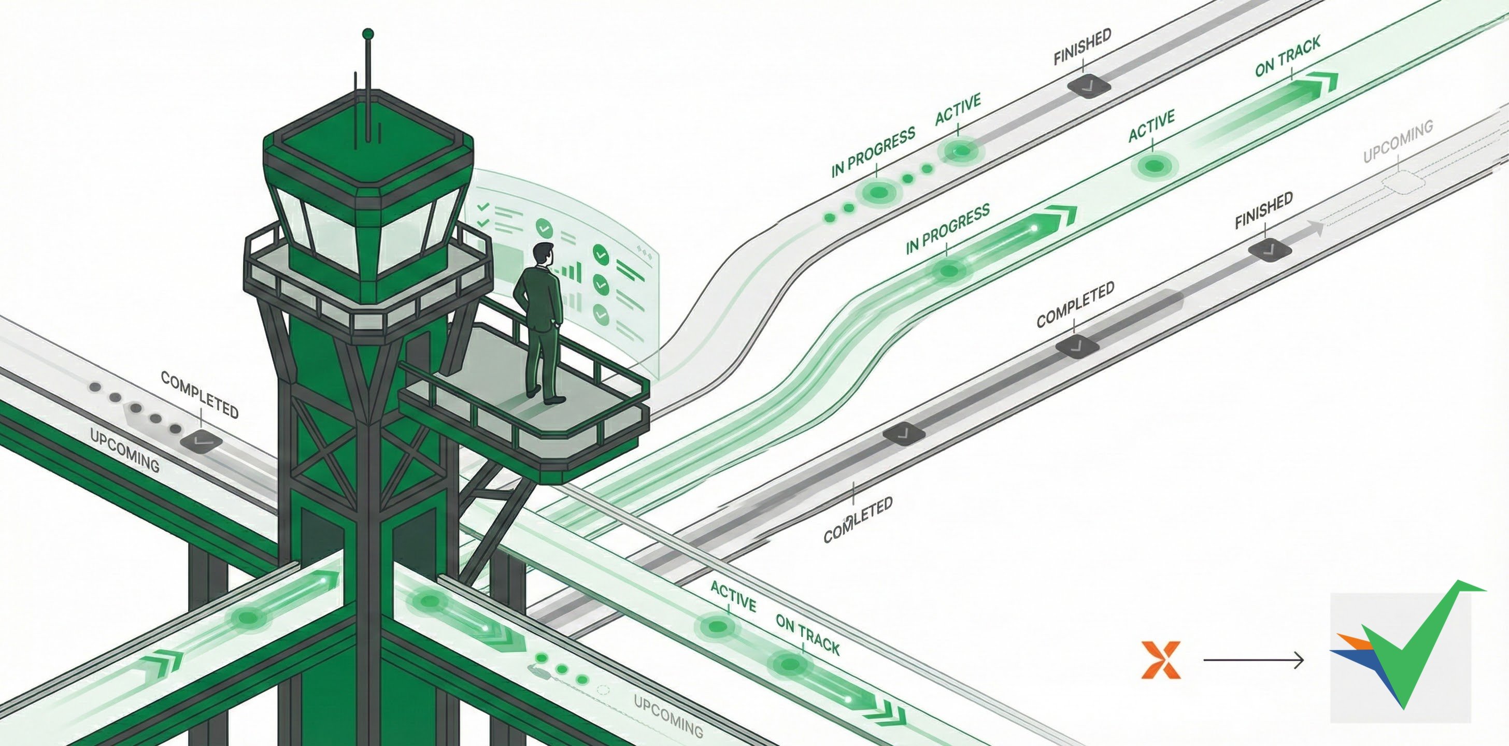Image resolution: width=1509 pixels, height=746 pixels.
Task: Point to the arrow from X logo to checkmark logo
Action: pyautogui.click(x=1254, y=661)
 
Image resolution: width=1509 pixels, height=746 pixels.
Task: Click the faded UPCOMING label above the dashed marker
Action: pyautogui.click(x=1398, y=142)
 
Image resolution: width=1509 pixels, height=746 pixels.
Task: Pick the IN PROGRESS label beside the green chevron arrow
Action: pyautogui.click(x=947, y=228)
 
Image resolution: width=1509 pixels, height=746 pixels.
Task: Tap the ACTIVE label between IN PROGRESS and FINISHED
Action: pyautogui.click(x=958, y=110)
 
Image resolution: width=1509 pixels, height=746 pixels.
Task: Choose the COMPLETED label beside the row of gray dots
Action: pyautogui.click(x=200, y=395)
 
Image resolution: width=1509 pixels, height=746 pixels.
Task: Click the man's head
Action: pyautogui.click(x=543, y=253)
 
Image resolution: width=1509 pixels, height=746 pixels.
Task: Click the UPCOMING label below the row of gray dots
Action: pyautogui.click(x=124, y=449)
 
